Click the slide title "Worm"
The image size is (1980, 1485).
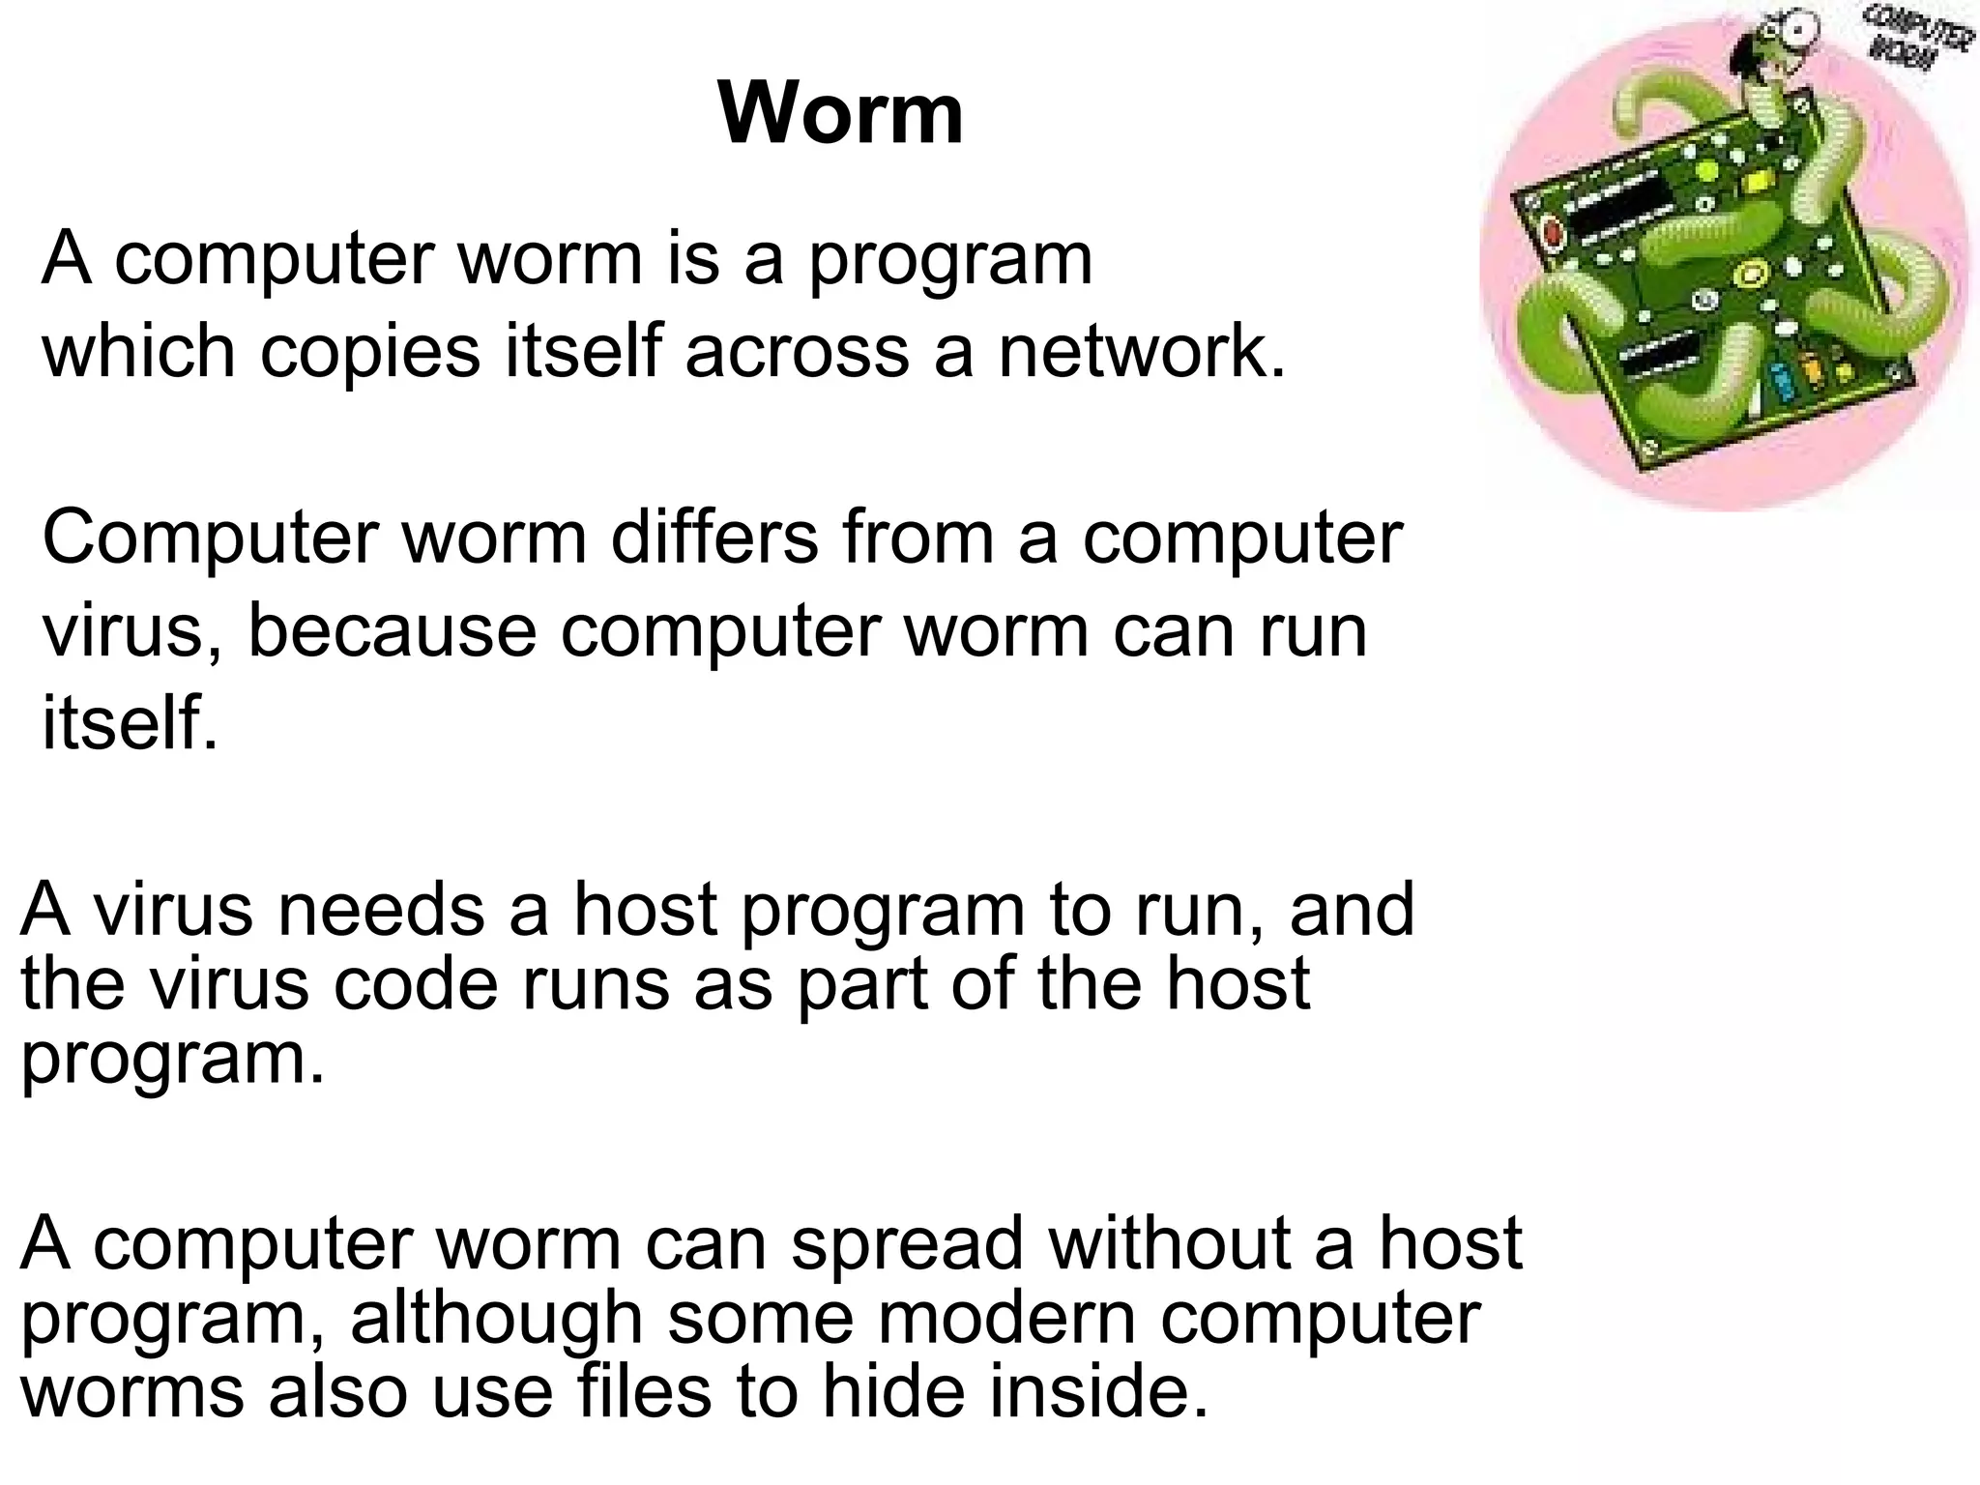pos(840,114)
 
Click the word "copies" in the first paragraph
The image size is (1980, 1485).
pos(370,352)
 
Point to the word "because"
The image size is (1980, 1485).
pos(392,630)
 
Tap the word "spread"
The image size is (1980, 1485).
pos(908,1243)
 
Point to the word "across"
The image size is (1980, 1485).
pos(798,352)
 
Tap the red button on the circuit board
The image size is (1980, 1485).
pos(1553,233)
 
